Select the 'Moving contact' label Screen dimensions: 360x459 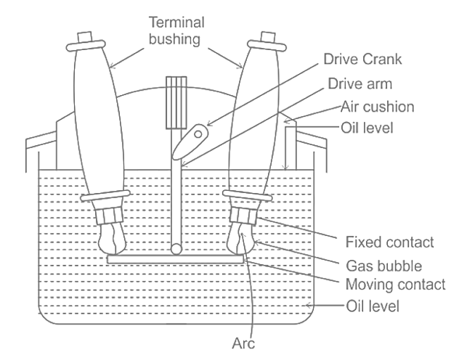[x=383, y=282]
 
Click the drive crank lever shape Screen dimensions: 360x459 [x=191, y=140]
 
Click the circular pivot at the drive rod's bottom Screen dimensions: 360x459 [x=176, y=248]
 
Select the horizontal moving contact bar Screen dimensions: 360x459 [x=175, y=258]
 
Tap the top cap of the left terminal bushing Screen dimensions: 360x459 [x=84, y=36]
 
